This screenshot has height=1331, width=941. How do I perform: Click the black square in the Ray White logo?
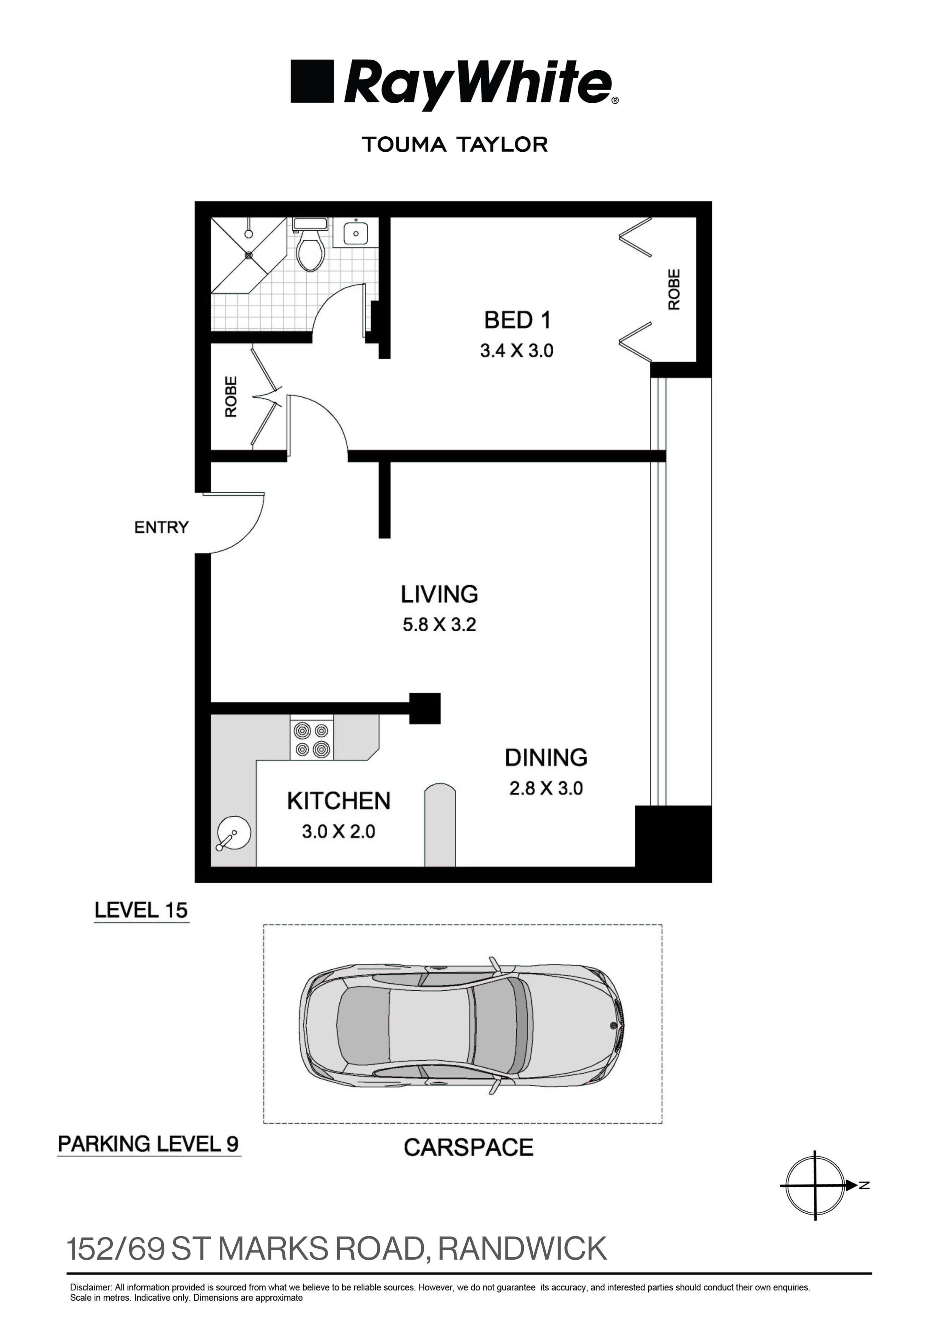312,82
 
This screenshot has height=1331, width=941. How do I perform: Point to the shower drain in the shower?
249,255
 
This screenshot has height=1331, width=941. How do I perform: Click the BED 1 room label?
517,320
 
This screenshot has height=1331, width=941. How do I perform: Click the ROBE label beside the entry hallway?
231,397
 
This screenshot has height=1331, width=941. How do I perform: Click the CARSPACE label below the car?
468,1147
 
